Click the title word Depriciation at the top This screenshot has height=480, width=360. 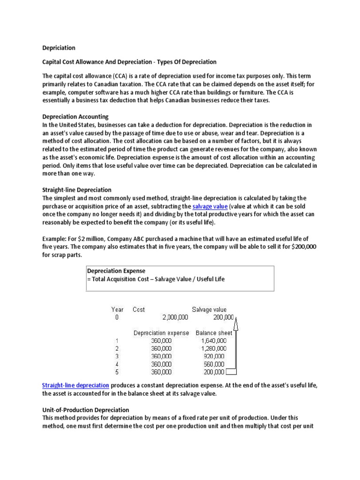click(59, 48)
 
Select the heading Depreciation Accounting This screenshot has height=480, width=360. click(75, 116)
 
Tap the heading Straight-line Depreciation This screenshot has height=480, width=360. click(77, 190)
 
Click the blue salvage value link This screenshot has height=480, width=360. click(210, 206)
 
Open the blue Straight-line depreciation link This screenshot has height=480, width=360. click(75, 385)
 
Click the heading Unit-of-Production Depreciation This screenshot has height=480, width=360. click(86, 410)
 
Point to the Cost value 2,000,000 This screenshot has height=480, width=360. click(175, 317)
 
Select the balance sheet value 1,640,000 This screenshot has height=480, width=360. click(214, 340)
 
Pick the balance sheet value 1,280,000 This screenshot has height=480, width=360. click(214, 348)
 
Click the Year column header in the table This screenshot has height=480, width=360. click(117, 309)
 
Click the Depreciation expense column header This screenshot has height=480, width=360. click(161, 333)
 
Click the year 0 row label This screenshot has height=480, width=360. click(117, 317)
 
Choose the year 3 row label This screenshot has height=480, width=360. click(117, 356)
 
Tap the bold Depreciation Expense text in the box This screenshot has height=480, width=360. click(116, 271)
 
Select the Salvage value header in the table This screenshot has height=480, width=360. click(209, 309)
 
